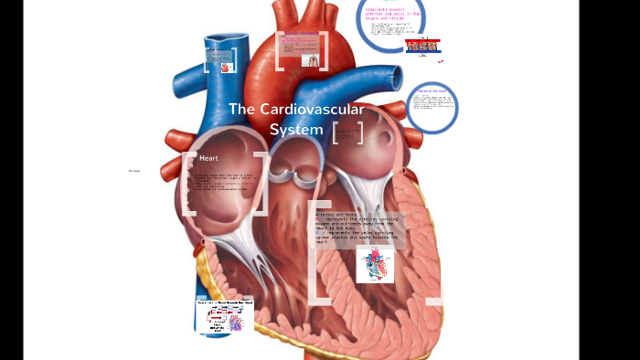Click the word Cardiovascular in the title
[x=312, y=110]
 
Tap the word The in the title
[x=241, y=110]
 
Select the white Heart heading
[x=208, y=158]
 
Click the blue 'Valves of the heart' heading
[x=432, y=91]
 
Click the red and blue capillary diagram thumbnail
[x=422, y=46]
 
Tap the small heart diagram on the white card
[x=375, y=265]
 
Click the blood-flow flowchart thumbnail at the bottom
[x=224, y=316]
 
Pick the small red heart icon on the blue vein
[x=227, y=67]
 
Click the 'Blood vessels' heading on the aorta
[x=302, y=34]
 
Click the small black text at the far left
[x=134, y=171]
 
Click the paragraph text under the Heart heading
[x=219, y=183]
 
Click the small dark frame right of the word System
[x=347, y=132]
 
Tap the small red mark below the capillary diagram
[x=440, y=61]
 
